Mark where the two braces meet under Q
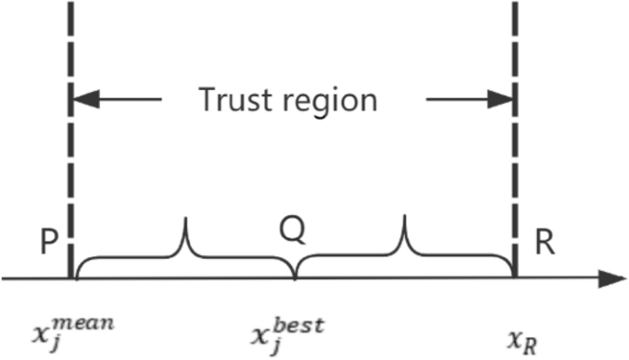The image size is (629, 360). tap(294, 275)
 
